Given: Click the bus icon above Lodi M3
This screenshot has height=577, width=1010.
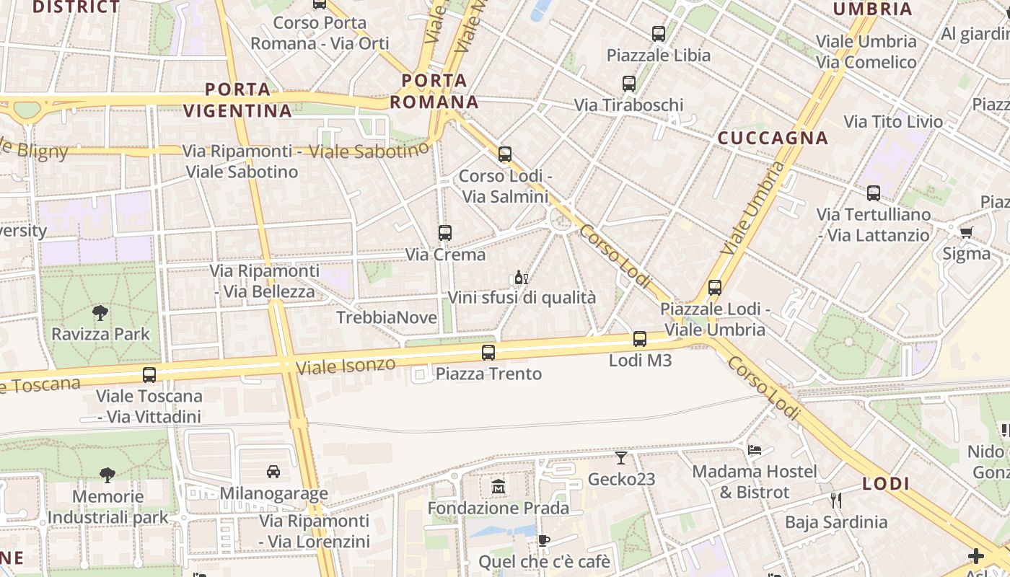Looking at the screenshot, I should tap(639, 339).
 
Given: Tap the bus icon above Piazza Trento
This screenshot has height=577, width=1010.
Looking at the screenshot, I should tap(488, 353).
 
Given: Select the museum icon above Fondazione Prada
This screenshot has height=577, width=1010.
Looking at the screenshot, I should tap(498, 487).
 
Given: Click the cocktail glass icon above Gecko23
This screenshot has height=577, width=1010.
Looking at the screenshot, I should tap(621, 457).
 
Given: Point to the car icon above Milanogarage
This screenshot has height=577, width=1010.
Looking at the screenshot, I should tap(273, 472).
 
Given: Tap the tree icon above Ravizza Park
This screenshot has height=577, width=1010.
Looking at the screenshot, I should tap(100, 313).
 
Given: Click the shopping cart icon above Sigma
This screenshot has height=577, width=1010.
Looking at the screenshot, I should tap(966, 232).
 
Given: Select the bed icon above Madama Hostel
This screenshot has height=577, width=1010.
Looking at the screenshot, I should tap(755, 450).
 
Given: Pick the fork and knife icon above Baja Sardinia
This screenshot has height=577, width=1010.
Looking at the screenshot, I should tap(836, 500).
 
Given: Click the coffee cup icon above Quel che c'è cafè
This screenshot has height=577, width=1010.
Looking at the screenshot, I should tap(544, 540).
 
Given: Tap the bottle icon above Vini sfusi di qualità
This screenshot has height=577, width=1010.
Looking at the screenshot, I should tap(521, 277).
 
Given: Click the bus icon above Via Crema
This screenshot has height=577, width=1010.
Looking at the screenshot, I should tap(445, 233).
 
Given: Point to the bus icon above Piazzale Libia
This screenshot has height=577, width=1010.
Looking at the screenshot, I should tap(658, 33).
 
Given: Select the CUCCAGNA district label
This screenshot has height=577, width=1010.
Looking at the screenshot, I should tap(773, 138).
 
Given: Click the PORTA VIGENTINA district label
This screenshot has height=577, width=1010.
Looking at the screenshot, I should tap(237, 100).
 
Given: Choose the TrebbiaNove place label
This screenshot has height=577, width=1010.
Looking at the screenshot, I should tap(387, 318).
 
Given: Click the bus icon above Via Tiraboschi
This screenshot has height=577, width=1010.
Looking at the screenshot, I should tap(628, 84).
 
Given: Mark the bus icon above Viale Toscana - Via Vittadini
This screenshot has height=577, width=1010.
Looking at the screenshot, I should tap(149, 375).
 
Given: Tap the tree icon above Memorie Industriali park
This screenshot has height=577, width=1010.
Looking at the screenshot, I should tap(107, 475).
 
